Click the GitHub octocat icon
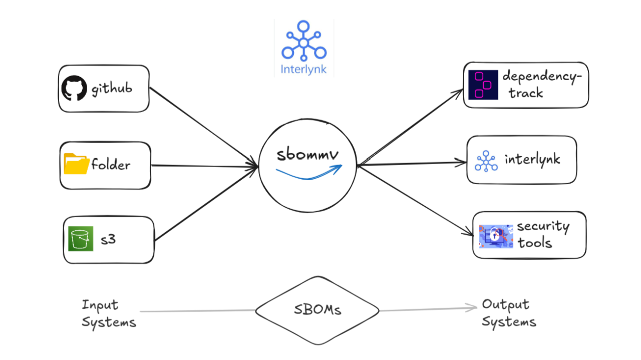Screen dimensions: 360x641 click(74, 88)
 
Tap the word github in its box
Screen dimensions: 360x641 click(112, 89)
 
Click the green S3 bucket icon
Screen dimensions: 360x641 click(81, 239)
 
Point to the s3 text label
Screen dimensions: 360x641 click(108, 239)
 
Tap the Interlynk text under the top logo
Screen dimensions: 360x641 click(303, 69)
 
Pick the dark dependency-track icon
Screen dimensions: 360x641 click(483, 85)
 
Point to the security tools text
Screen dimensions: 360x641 click(542, 234)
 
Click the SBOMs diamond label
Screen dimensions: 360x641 click(317, 309)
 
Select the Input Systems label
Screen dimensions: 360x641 click(108, 313)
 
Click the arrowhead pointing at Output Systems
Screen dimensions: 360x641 click(473, 307)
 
